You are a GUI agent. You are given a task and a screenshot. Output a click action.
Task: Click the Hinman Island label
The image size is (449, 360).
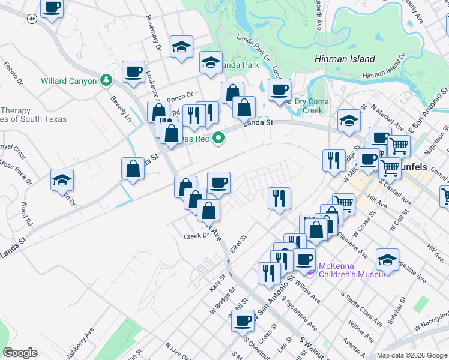345,59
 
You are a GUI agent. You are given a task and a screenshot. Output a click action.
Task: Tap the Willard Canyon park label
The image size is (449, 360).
68,81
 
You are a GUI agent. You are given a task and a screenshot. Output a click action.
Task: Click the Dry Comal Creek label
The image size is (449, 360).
312,106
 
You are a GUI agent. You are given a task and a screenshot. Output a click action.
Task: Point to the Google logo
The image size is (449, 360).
20,353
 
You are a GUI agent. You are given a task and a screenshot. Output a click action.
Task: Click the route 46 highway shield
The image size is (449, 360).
32,19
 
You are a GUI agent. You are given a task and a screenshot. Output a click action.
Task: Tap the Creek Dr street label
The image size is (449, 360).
196,236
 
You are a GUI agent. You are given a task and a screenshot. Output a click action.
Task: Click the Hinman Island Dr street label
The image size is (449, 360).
385,74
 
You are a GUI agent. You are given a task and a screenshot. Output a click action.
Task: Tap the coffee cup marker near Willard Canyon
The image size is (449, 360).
133,71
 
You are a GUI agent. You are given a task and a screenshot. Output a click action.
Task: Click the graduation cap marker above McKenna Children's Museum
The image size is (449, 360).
387,259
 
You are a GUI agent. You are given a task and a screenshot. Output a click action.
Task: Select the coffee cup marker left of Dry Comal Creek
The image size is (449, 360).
279,89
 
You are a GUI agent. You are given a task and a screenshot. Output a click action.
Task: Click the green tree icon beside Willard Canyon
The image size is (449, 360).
106,80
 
